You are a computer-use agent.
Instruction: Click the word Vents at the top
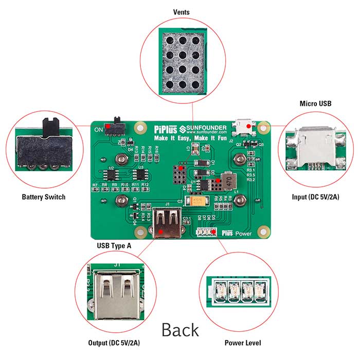181,11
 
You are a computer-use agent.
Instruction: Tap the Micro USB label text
315,103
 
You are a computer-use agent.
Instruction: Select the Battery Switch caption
43,196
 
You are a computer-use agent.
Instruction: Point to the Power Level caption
243,343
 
